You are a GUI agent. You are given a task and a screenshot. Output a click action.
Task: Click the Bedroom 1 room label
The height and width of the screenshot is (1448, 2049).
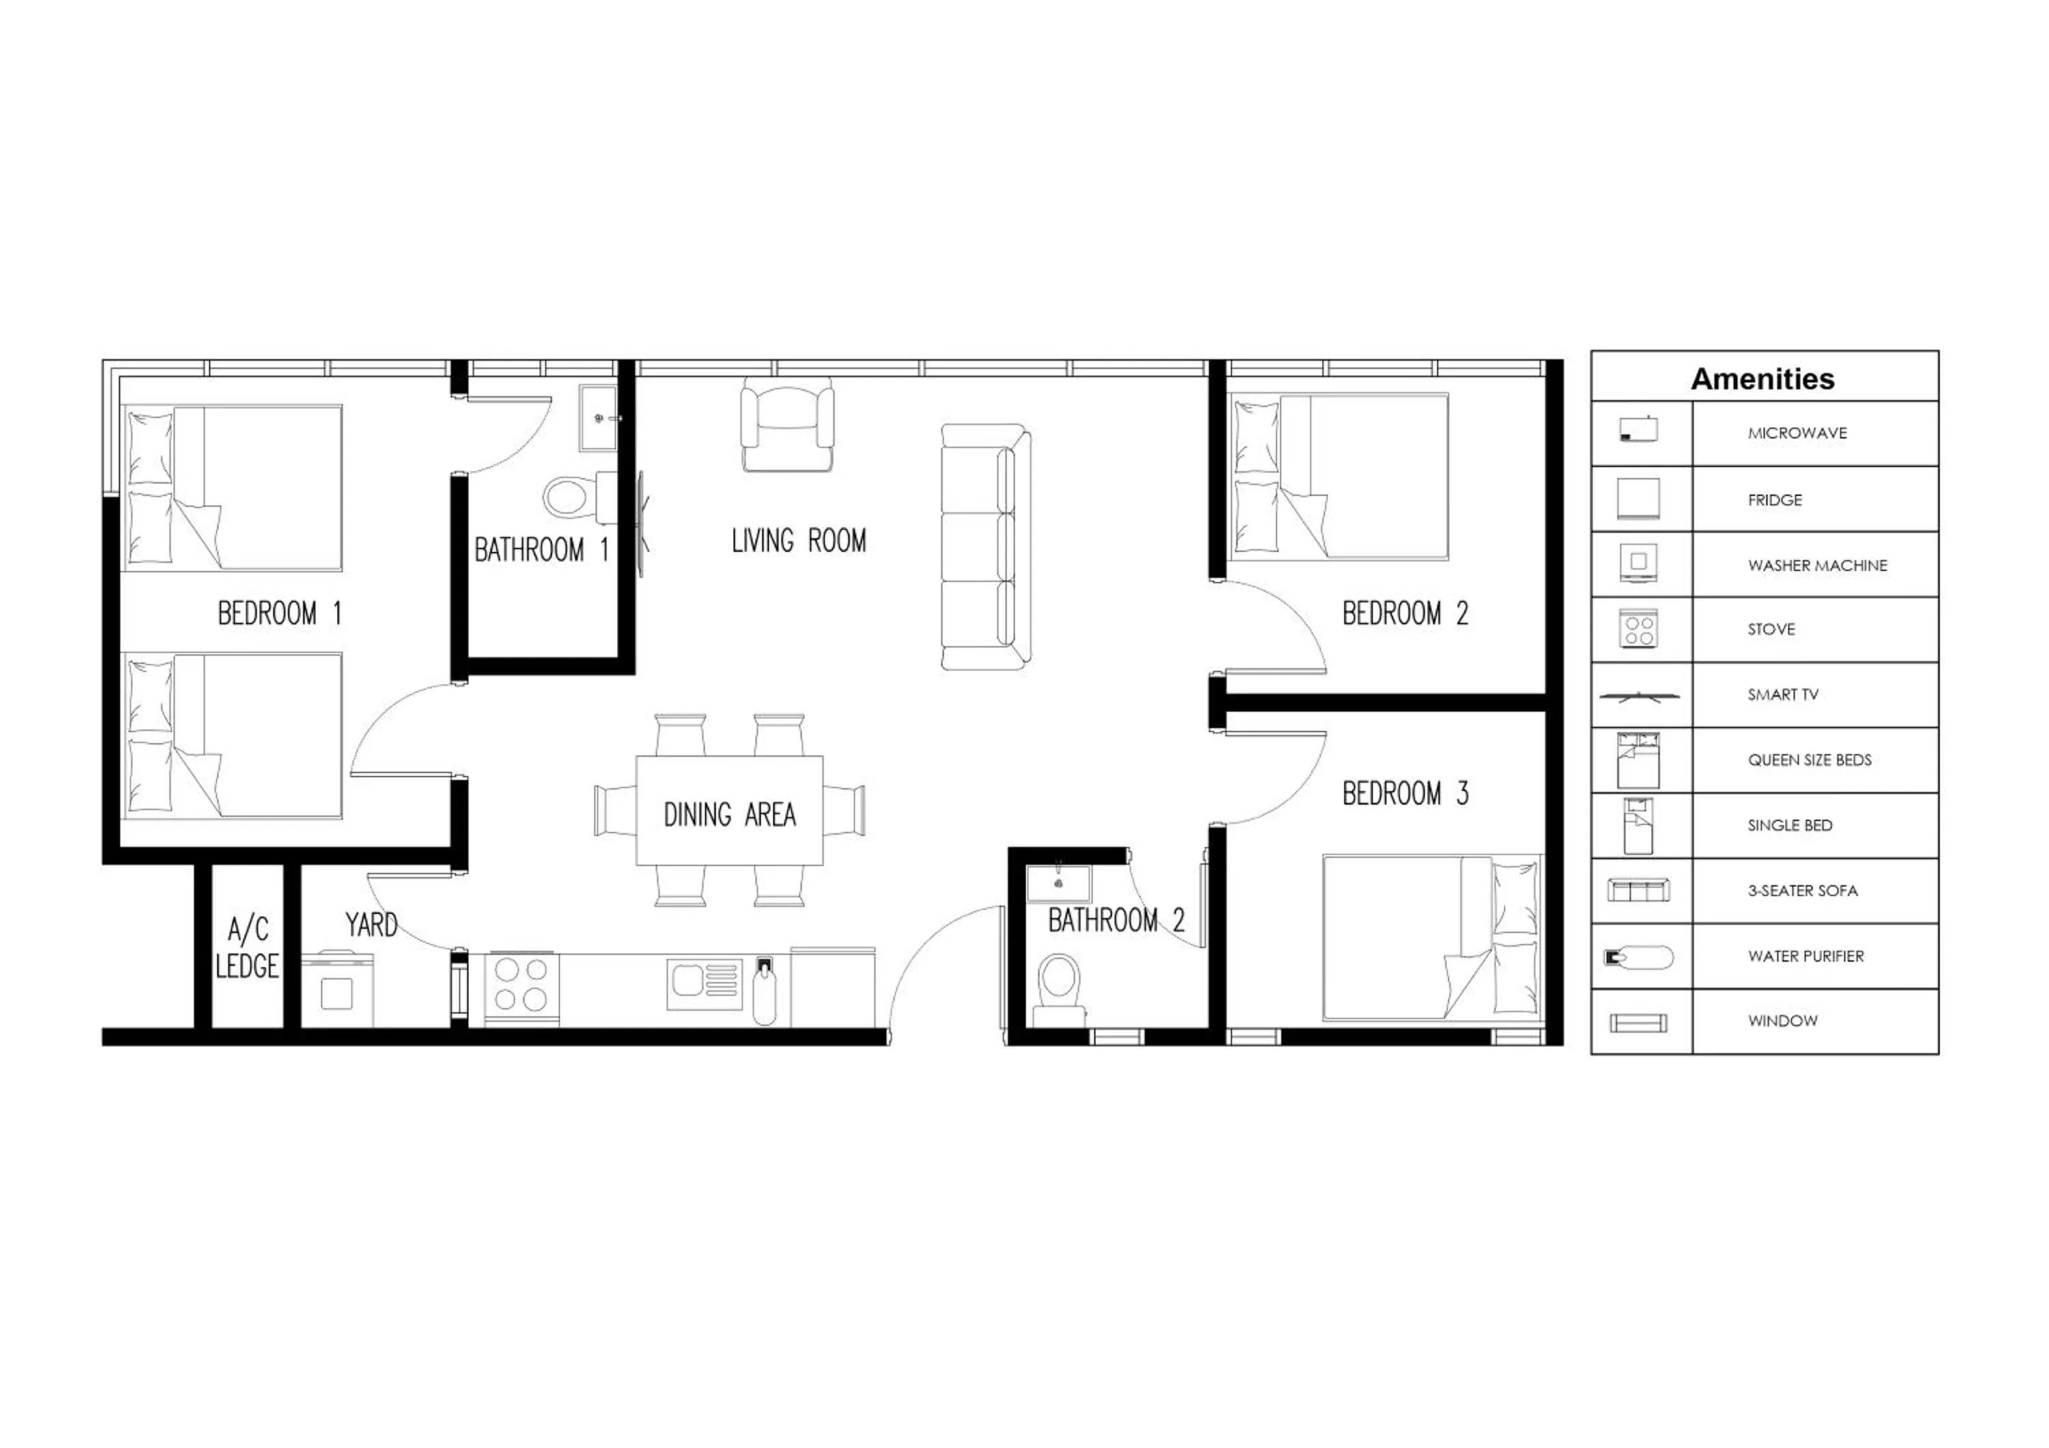[x=279, y=614]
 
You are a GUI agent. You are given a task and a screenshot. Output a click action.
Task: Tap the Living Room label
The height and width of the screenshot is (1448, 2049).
[x=798, y=541]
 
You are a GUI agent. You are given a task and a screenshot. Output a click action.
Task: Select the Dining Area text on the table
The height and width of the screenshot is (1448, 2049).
[x=729, y=815]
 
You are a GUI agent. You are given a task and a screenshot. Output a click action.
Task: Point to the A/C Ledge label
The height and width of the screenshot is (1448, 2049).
[x=247, y=947]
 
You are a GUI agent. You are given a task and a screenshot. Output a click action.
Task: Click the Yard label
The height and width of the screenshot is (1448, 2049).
[x=372, y=925]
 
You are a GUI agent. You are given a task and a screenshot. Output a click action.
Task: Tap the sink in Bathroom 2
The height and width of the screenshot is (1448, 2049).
[x=1059, y=883]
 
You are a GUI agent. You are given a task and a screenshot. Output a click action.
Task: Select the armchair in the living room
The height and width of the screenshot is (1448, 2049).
[x=787, y=426]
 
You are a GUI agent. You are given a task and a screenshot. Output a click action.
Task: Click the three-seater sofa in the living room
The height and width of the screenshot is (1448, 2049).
[x=986, y=546]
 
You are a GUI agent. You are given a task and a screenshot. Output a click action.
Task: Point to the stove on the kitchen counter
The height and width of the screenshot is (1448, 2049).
[x=522, y=985]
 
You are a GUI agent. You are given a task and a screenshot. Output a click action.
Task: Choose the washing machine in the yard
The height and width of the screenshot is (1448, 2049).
[x=337, y=990]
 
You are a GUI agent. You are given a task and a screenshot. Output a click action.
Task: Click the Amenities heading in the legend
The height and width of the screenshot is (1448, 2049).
[x=1763, y=379]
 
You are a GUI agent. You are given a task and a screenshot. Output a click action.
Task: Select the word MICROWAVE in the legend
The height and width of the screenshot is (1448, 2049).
[x=1796, y=434]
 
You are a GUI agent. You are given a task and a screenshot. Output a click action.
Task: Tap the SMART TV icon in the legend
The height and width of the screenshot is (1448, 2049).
[x=1639, y=696]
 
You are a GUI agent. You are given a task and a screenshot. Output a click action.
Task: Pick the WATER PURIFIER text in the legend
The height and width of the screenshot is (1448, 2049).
[x=1805, y=956]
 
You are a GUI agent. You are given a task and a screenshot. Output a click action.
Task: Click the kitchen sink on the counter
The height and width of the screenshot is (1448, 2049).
[x=704, y=984]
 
